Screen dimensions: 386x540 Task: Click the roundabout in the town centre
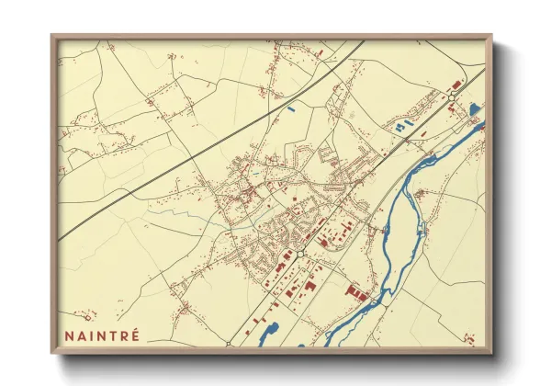pos(300,253)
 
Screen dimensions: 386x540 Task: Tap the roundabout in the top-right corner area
pos(454,102)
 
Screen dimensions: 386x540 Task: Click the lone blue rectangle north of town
pos(292,111)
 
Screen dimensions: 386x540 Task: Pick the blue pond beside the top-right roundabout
pos(474,110)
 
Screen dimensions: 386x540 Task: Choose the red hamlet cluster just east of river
pos(422,193)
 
